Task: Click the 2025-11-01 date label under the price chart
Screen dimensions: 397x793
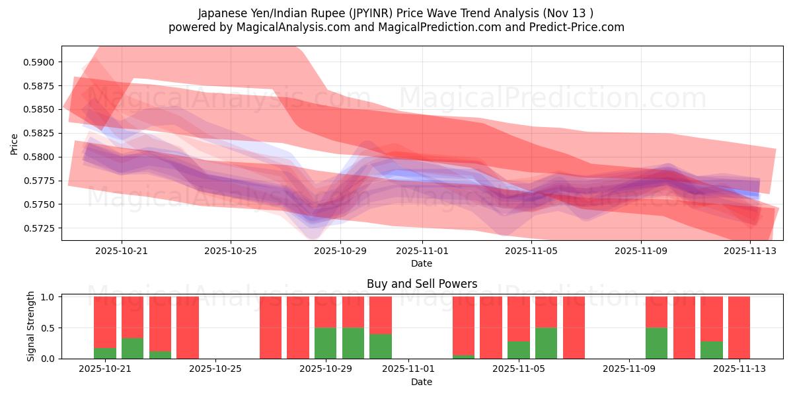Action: [x=422, y=251]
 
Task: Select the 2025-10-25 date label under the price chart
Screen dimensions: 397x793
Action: [x=231, y=251]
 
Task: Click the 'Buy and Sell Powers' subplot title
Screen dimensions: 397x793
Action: [x=422, y=285]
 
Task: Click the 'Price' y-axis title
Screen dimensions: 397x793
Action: [x=15, y=144]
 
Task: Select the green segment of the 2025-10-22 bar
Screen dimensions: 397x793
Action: [x=133, y=348]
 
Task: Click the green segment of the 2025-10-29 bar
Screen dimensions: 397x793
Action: [x=326, y=343]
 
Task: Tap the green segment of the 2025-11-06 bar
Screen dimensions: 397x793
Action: [x=546, y=343]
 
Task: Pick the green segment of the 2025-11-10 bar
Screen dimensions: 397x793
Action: [x=656, y=343]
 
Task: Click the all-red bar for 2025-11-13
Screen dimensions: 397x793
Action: [x=739, y=328]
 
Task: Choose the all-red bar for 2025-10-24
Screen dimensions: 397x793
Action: [x=188, y=328]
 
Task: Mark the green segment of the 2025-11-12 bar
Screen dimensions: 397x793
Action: [x=712, y=350]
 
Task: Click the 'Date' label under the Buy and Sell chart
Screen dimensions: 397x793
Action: [x=422, y=382]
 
